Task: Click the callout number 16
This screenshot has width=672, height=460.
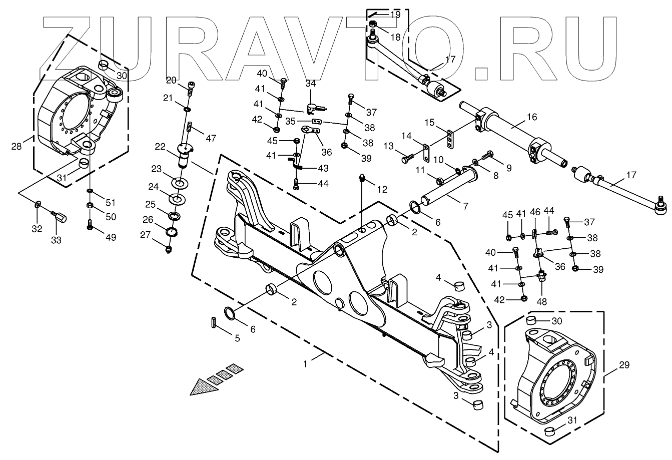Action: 531,117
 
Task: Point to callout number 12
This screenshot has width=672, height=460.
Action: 382,190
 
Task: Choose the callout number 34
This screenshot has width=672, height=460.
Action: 311,83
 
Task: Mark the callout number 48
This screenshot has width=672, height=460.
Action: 542,302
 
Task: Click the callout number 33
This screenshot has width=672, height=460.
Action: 56,241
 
